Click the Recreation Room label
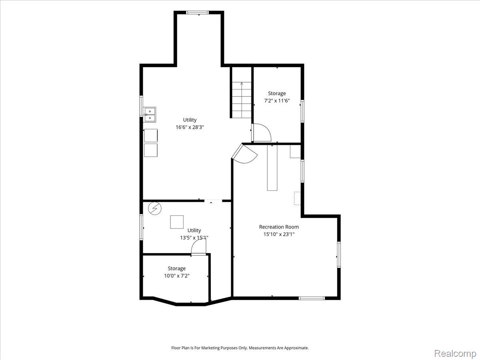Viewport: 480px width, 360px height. pyautogui.click(x=279, y=227)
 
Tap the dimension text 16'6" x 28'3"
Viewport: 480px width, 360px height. pyautogui.click(x=190, y=127)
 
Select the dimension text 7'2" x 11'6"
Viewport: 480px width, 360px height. pyautogui.click(x=277, y=101)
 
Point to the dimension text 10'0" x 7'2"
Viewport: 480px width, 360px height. pyautogui.click(x=177, y=276)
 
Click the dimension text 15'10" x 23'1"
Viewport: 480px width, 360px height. pyautogui.click(x=279, y=234)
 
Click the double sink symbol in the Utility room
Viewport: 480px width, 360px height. pyautogui.click(x=150, y=114)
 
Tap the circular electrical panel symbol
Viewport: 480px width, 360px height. pyautogui.click(x=155, y=208)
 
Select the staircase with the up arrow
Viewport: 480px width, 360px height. pyautogui.click(x=242, y=100)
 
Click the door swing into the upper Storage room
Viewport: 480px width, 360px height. pyautogui.click(x=262, y=132)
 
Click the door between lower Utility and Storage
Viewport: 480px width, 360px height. pyautogui.click(x=198, y=247)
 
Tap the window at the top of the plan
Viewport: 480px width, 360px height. pyautogui.click(x=198, y=12)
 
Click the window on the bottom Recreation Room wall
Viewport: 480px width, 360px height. pyautogui.click(x=312, y=298)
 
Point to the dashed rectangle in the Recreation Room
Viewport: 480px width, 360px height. pyautogui.click(x=298, y=198)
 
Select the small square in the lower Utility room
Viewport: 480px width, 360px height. pyautogui.click(x=177, y=222)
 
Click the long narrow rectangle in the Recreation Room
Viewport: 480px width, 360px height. pyautogui.click(x=272, y=168)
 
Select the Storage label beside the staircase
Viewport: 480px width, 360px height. pyautogui.click(x=277, y=93)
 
